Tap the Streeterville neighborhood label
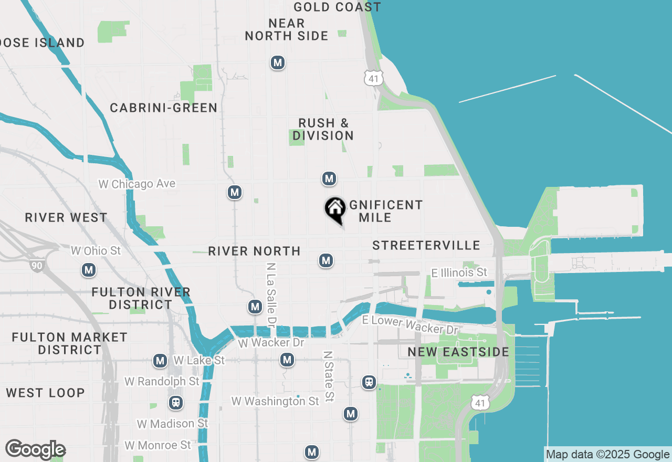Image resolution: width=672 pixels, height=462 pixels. point(426,245)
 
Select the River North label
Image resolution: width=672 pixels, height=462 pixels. point(254,251)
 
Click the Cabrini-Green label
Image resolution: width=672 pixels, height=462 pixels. point(164,108)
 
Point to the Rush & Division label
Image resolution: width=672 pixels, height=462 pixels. point(323,129)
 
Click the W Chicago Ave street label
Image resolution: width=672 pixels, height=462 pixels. point(137,184)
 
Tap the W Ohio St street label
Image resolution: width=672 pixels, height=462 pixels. point(96,251)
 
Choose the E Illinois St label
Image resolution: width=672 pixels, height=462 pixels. point(459,272)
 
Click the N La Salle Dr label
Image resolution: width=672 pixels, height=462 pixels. point(271,294)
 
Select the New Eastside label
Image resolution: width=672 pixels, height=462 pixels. point(458,352)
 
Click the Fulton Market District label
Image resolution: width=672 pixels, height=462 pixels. point(69,343)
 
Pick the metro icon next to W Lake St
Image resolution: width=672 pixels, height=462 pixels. point(160,361)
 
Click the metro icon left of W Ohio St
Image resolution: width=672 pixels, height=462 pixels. point(88,270)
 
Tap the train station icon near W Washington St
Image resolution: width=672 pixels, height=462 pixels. point(175,403)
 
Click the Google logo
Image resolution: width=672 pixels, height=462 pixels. point(36,450)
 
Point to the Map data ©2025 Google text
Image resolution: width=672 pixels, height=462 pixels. point(607,455)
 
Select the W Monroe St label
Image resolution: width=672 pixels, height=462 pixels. point(158,445)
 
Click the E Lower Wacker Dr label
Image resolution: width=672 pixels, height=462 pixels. point(410,325)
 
